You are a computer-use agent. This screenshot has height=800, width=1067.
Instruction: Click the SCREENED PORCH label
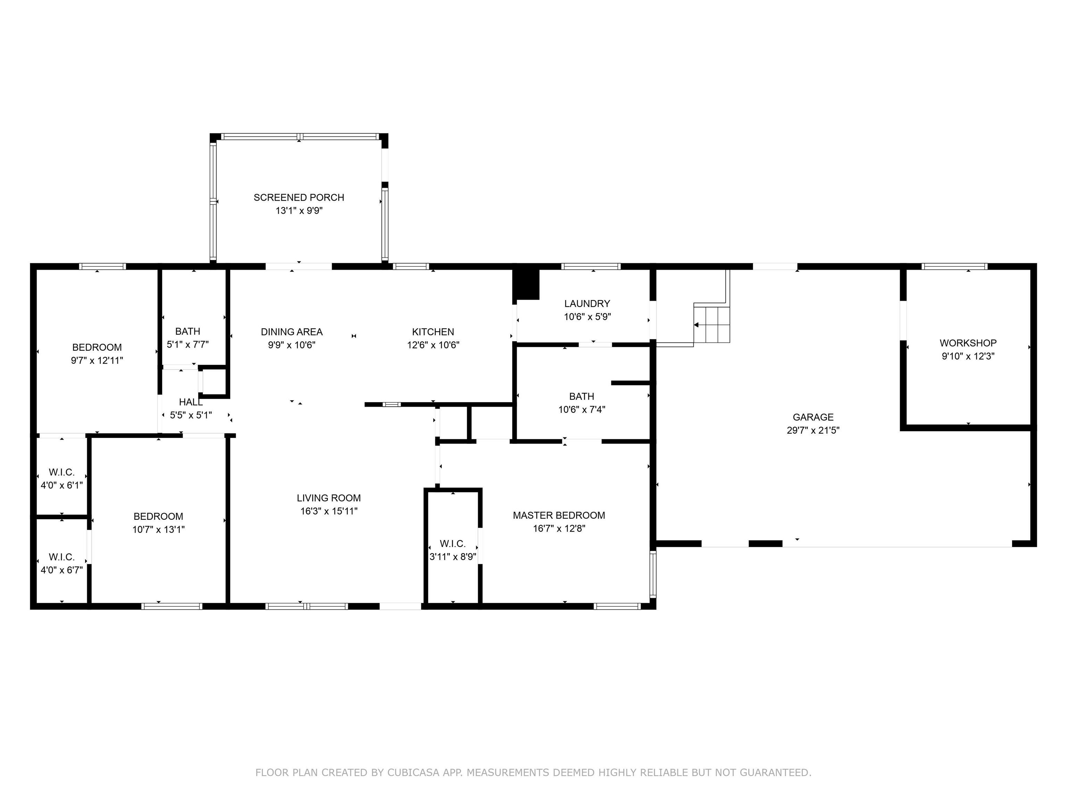coord(299,197)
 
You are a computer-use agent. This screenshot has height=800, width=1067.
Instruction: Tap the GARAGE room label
coord(813,417)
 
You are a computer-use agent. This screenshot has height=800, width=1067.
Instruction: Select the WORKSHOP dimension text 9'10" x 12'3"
coord(968,356)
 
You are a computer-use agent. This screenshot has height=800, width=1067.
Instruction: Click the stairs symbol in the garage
coord(711,323)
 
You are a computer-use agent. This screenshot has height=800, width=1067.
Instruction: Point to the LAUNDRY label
coord(587,303)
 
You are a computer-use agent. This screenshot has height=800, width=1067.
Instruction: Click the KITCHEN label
coord(433,332)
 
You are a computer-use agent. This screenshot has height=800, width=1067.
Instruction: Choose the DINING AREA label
coord(291,332)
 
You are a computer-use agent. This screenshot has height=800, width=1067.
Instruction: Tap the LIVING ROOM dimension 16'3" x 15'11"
coord(329,511)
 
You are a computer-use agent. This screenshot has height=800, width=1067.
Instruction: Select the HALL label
coord(191,402)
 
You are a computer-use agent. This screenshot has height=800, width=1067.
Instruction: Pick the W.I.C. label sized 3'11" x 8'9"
coord(453,543)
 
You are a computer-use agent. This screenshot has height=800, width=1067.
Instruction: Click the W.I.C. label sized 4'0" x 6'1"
coord(62,472)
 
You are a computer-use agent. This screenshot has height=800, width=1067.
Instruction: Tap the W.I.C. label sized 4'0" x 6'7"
coord(62,557)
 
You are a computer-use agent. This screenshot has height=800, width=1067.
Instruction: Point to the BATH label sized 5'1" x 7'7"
coord(187,331)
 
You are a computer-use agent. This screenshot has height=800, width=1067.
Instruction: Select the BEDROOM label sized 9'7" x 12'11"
coord(97,347)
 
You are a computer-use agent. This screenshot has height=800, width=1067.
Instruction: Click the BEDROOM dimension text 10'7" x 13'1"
coord(158,530)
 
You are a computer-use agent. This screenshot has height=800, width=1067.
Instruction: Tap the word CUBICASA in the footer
coord(413,773)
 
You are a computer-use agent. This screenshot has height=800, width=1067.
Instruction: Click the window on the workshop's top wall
coord(954,266)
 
